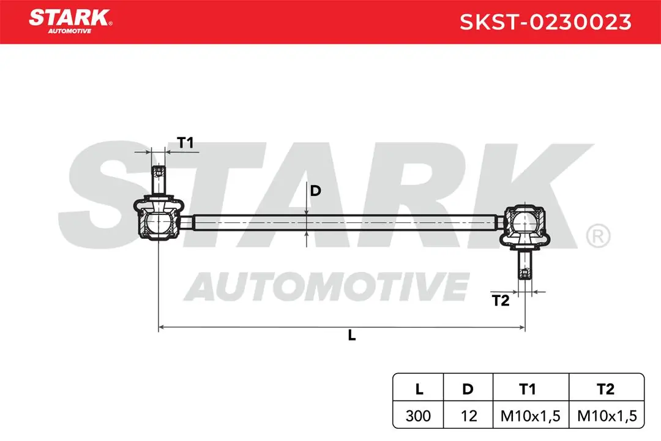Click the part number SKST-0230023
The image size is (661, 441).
click(545, 22)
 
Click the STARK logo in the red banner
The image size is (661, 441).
click(70, 21)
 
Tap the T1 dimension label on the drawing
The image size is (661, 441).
click(185, 143)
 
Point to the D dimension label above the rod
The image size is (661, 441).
click(315, 190)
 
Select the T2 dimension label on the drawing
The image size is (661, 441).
click(501, 301)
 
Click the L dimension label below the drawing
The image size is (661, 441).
click(351, 335)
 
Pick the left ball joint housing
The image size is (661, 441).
click(158, 218)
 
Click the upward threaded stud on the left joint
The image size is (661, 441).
click(158, 180)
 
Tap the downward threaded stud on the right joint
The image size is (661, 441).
click(525, 265)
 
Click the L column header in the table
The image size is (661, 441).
click(419, 389)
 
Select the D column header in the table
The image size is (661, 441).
click(468, 389)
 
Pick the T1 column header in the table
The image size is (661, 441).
click(528, 389)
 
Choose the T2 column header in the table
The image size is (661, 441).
click(606, 389)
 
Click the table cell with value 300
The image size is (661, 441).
click(418, 416)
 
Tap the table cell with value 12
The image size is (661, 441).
click(468, 416)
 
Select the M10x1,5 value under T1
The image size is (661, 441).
click(530, 416)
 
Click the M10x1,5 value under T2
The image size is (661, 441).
click(607, 416)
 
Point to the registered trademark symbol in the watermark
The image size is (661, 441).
click(598, 236)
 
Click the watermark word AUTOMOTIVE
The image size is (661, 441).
click(327, 286)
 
